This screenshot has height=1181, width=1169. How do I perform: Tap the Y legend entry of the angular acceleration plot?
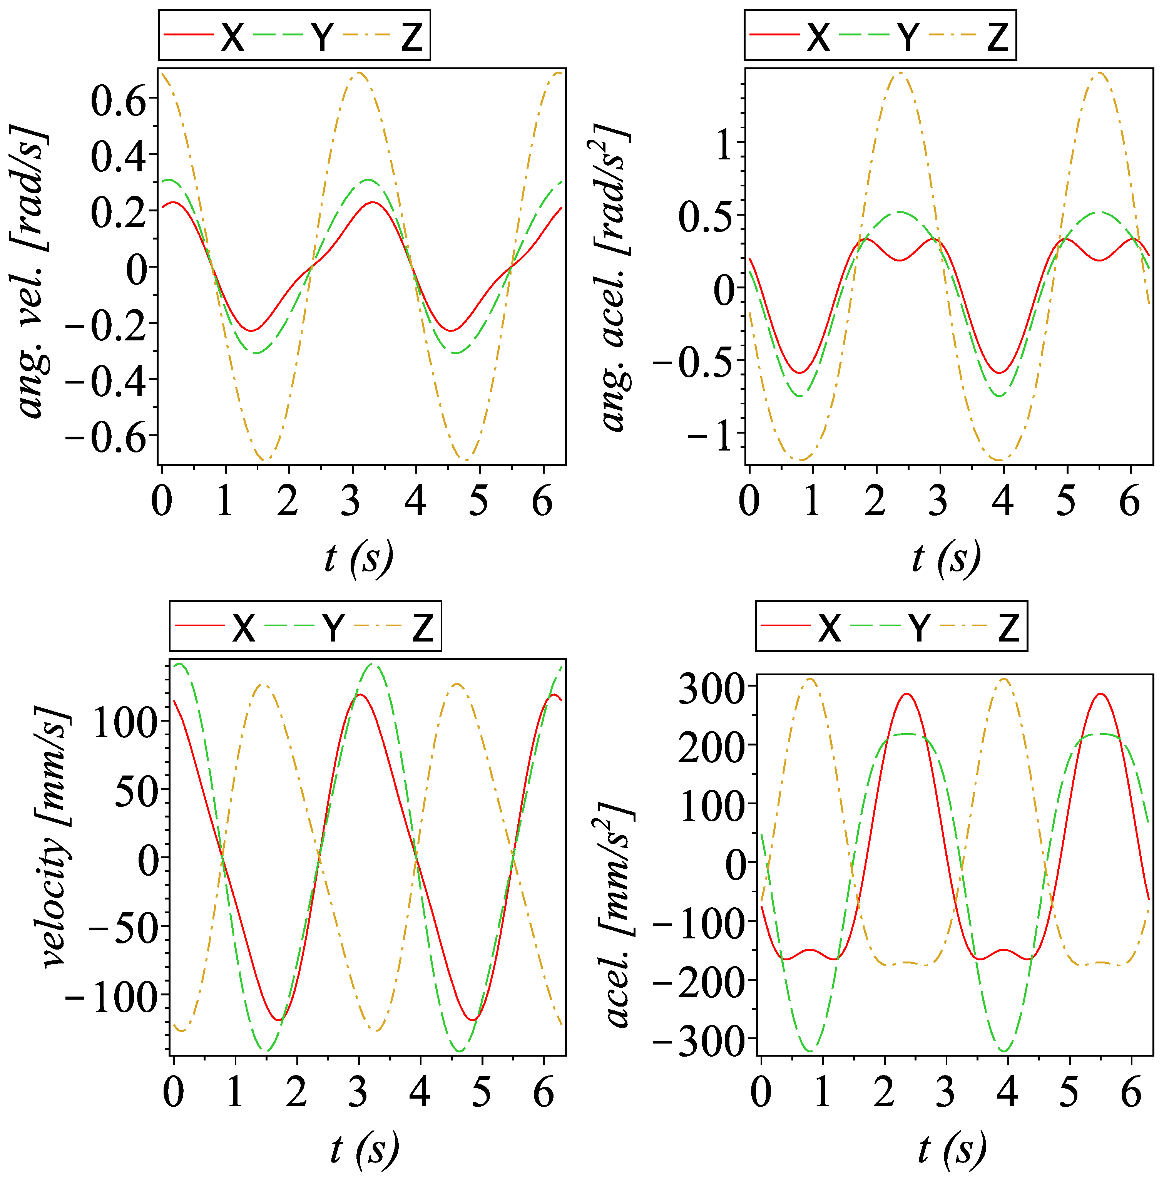[908, 37]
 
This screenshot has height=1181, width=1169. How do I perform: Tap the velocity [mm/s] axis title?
[55, 838]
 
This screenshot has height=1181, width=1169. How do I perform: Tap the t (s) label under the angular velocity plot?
[359, 558]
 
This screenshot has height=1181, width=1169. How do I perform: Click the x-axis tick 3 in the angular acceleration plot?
[938, 501]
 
